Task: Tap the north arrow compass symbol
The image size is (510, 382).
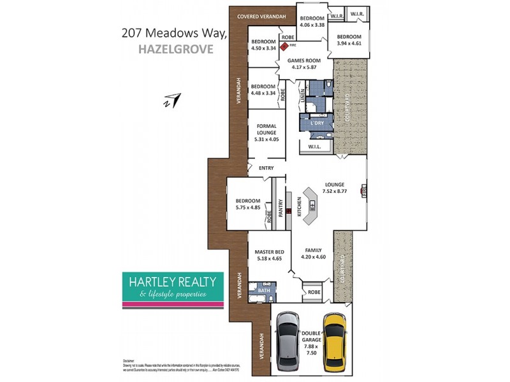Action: pos(171,99)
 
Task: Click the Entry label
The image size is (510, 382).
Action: pos(266,168)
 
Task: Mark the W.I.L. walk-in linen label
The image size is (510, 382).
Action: pos(314,147)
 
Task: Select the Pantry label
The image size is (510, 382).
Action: pos(279,211)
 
